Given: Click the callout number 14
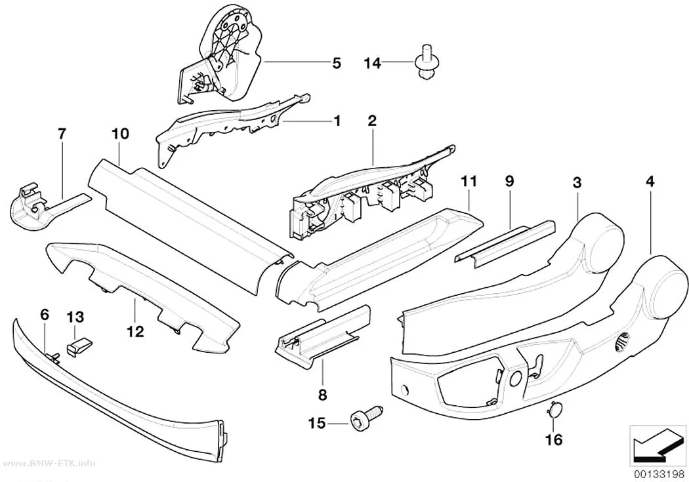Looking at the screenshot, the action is point(372,63).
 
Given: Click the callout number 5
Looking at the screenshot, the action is point(336,63).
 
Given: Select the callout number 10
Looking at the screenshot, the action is point(120,133).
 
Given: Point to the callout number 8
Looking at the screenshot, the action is point(323,395).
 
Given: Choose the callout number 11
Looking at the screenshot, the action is point(469,181).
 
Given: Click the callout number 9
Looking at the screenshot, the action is point(509,181).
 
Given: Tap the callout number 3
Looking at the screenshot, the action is point(577,182).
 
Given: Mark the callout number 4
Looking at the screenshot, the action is point(650,181).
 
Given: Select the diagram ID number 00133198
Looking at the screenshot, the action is point(659,474).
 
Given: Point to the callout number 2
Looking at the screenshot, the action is point(372,121).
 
